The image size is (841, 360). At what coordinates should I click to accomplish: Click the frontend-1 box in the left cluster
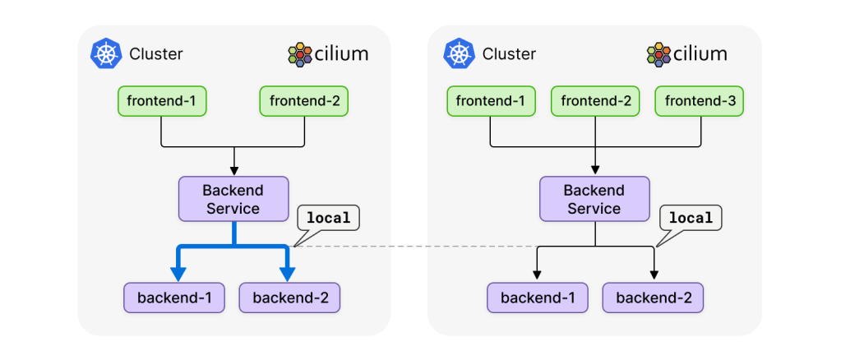(x=161, y=102)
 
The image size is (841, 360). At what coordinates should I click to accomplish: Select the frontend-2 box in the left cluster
(x=304, y=102)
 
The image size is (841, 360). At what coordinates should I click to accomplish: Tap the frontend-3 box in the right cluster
(x=700, y=102)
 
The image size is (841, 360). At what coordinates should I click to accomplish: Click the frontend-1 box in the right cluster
(x=491, y=102)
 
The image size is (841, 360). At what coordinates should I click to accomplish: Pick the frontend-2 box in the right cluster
(x=594, y=102)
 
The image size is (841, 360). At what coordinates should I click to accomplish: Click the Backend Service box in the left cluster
(x=233, y=199)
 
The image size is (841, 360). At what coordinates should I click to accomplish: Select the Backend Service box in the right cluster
(x=594, y=199)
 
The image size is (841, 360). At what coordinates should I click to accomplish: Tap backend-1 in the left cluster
(x=174, y=298)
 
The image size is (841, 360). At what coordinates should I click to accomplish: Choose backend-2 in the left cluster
(x=289, y=298)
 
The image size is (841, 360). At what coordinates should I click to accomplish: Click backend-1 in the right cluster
(x=538, y=298)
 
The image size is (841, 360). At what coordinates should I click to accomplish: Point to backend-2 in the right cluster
(x=653, y=298)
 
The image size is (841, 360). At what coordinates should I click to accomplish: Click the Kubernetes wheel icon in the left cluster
(x=105, y=54)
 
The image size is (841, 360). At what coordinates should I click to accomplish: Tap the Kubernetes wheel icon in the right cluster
(x=459, y=54)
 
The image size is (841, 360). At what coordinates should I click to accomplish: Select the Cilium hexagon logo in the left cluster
(x=301, y=55)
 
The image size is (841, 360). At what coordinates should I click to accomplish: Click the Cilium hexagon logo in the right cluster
(x=659, y=55)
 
